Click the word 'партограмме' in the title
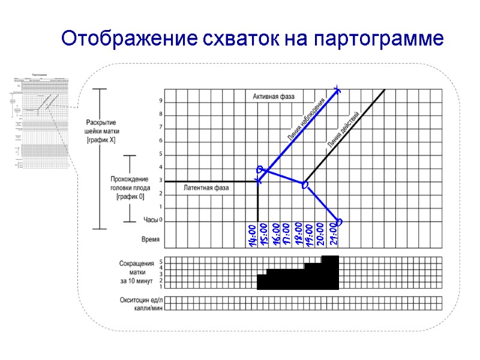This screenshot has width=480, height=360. (379, 39)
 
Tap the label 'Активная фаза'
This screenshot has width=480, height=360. (278, 96)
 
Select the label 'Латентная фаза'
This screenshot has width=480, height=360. (206, 188)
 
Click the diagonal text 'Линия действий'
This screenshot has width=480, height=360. (344, 128)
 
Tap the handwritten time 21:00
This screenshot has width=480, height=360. (334, 235)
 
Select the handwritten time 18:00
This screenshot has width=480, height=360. (299, 233)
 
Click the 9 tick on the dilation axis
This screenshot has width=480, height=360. (160, 101)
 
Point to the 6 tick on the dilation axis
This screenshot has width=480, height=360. (160, 140)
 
